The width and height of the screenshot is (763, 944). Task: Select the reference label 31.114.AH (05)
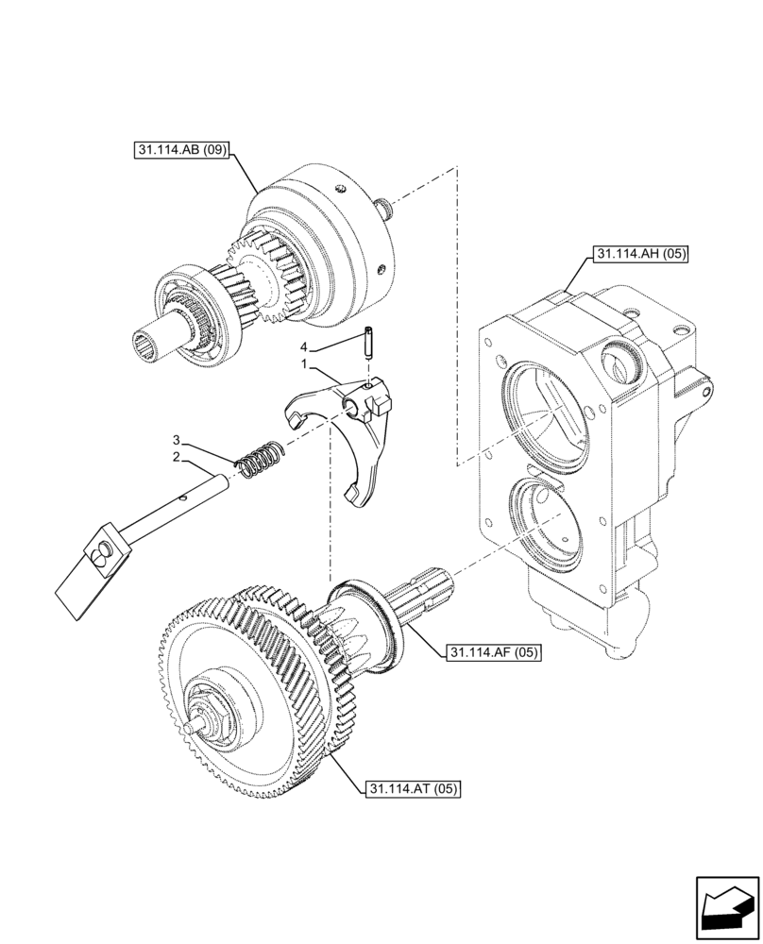point(642,253)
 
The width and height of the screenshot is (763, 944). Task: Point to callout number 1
point(305,363)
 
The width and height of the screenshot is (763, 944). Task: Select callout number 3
point(177,441)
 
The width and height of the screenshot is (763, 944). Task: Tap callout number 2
point(177,457)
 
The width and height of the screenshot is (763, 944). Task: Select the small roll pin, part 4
point(367,340)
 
